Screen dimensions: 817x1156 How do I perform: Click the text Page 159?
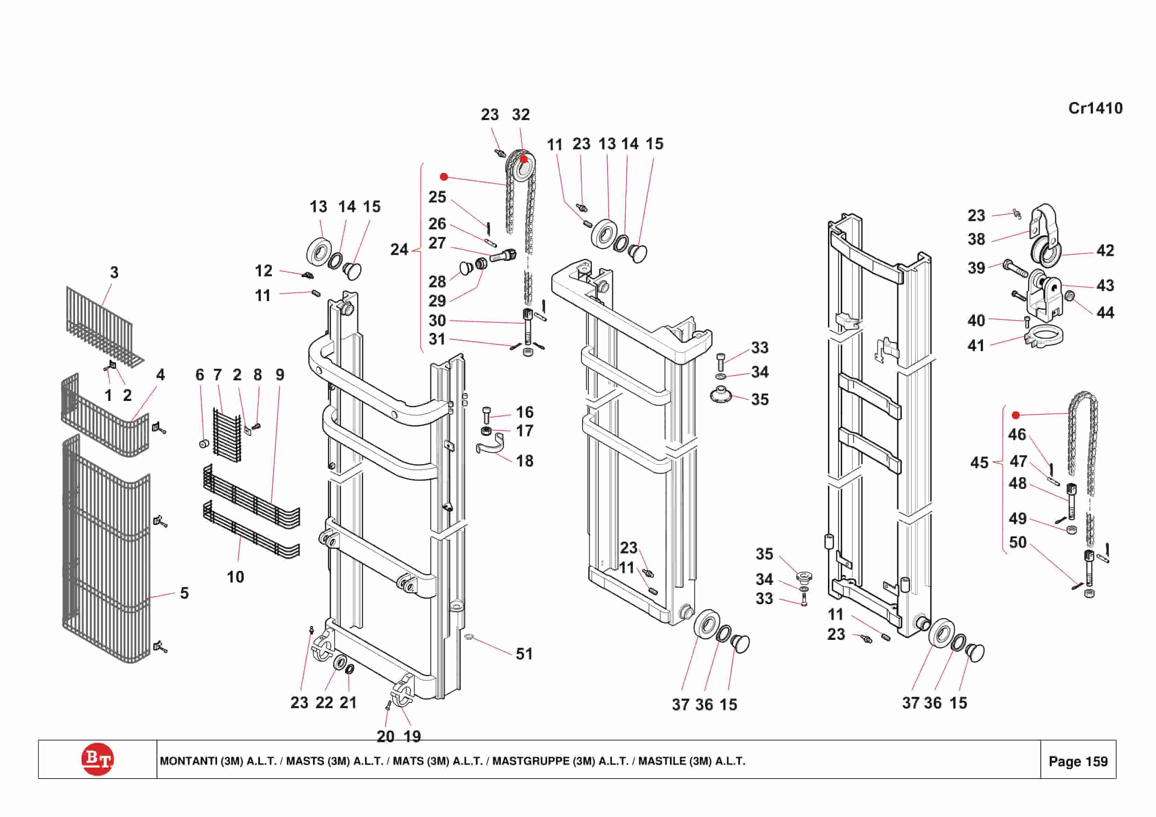(x=1078, y=761)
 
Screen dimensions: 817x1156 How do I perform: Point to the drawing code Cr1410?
(x=1095, y=108)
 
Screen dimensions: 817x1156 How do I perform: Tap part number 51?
(x=524, y=654)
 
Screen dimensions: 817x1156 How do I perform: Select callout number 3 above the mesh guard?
(x=114, y=273)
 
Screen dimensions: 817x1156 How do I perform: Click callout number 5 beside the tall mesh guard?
(x=184, y=593)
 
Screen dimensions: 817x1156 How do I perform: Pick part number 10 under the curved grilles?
(x=235, y=577)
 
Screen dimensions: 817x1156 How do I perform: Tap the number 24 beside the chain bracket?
(x=399, y=249)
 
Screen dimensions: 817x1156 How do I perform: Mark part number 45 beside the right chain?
(x=979, y=462)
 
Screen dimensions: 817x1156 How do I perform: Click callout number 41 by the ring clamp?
(x=976, y=346)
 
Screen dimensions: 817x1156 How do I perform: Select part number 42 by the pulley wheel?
(x=1105, y=250)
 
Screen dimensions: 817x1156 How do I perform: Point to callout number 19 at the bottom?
(x=412, y=736)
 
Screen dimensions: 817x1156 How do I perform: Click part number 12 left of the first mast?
(x=263, y=271)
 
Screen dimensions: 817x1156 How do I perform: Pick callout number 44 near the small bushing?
(x=1105, y=313)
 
